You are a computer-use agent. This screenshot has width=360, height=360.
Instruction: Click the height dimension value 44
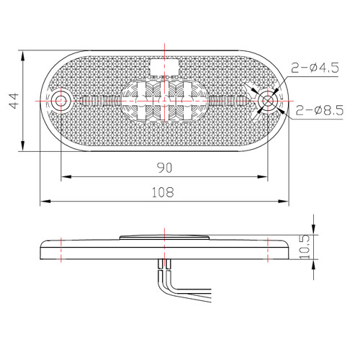[x=12, y=102]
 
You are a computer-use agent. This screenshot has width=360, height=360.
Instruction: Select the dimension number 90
[x=166, y=167]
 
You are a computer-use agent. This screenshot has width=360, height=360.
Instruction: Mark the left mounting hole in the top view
[x=61, y=101]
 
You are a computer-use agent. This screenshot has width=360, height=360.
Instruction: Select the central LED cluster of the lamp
[x=165, y=101]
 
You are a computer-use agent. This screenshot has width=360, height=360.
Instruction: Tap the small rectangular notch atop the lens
[x=165, y=66]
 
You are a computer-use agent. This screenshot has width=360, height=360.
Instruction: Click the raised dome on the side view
[x=165, y=237]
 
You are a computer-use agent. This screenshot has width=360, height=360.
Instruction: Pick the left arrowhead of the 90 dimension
[x=64, y=176]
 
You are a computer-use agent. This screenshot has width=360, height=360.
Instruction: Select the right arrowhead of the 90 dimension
[x=266, y=176]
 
